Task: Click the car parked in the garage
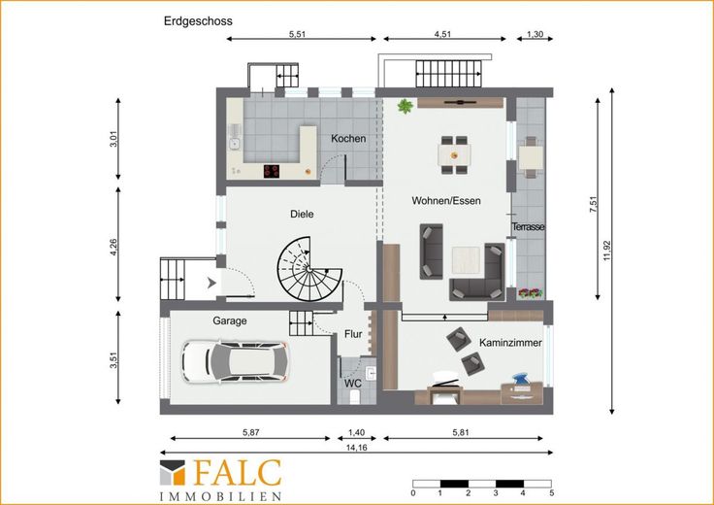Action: pyautogui.click(x=235, y=361)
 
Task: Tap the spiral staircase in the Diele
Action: pyautogui.click(x=309, y=269)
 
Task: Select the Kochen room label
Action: pyautogui.click(x=348, y=139)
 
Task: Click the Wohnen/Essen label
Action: pyautogui.click(x=446, y=200)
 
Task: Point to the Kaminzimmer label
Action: pyautogui.click(x=510, y=343)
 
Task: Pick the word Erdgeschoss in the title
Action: pyautogui.click(x=198, y=21)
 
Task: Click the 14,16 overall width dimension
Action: pyautogui.click(x=357, y=448)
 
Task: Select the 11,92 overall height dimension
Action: pyautogui.click(x=606, y=251)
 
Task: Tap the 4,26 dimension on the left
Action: pyautogui.click(x=114, y=247)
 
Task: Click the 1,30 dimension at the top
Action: pyautogui.click(x=535, y=34)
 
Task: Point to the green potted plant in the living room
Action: pyautogui.click(x=405, y=106)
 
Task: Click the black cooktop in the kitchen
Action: pyautogui.click(x=272, y=171)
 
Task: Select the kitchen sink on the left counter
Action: pyautogui.click(x=235, y=138)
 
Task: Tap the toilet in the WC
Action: pyautogui.click(x=353, y=397)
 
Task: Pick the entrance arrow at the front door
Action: pyautogui.click(x=211, y=283)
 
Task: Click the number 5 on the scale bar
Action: pyautogui.click(x=551, y=493)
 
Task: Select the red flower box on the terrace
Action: pyautogui.click(x=531, y=293)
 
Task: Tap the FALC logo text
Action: pyautogui.click(x=238, y=473)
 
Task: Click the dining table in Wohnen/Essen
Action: pyautogui.click(x=454, y=155)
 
